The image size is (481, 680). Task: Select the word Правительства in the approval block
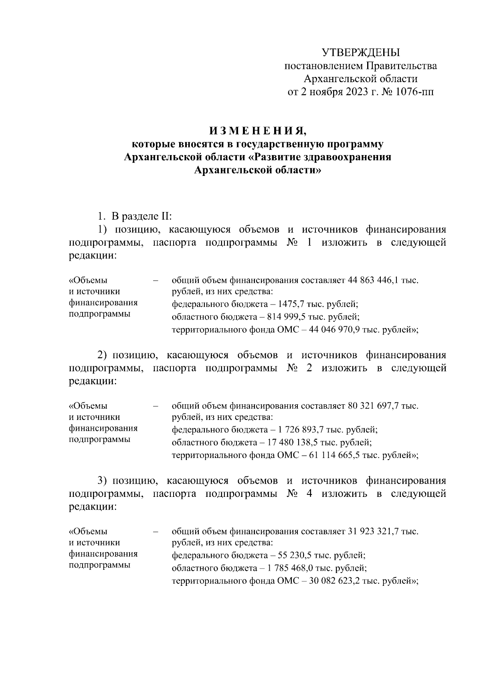point(402,66)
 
